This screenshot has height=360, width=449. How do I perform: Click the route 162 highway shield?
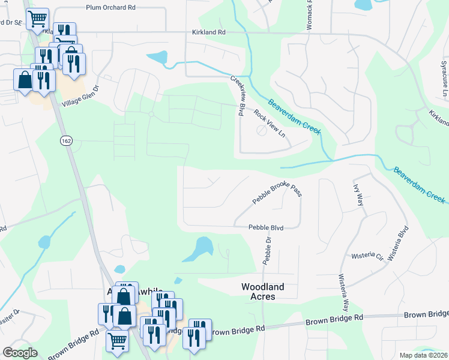[66, 140]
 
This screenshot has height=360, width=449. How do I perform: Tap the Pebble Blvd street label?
[266, 227]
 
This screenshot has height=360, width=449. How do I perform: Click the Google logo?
[20, 353]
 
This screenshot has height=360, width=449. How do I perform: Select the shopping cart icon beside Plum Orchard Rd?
[37, 19]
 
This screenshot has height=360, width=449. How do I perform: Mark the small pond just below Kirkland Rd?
[158, 58]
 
